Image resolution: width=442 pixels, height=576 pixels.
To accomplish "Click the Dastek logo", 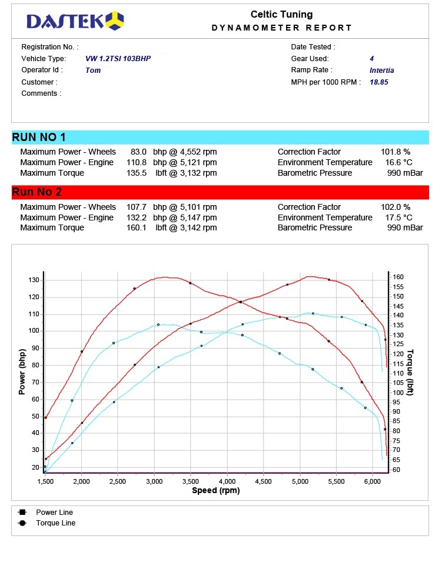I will pos(75,21).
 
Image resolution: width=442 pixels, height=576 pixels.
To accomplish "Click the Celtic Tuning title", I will pos(281,15).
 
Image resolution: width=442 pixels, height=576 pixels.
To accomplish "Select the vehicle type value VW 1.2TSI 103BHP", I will pos(122,59).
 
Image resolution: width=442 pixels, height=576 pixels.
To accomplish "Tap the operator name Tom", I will pos(93,71).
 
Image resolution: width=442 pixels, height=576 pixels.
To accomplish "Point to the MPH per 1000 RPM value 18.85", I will pos(378,82).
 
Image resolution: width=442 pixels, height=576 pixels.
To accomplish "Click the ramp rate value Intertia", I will pos(381,71).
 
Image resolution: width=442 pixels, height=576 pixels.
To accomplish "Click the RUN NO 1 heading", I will pos(39,138).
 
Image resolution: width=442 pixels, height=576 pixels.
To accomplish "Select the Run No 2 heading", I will pos(36,192).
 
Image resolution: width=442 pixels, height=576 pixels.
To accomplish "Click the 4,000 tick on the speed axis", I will pos(227,481).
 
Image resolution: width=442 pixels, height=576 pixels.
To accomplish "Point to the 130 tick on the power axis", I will pos(33,280).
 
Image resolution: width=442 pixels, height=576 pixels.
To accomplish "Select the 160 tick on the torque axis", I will pos(398,277).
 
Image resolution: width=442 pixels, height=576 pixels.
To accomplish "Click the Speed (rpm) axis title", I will pos(215,491).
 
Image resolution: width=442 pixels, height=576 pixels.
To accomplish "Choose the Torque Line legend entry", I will pos(55,523).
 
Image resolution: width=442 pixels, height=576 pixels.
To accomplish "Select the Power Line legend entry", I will pos(54,513).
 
